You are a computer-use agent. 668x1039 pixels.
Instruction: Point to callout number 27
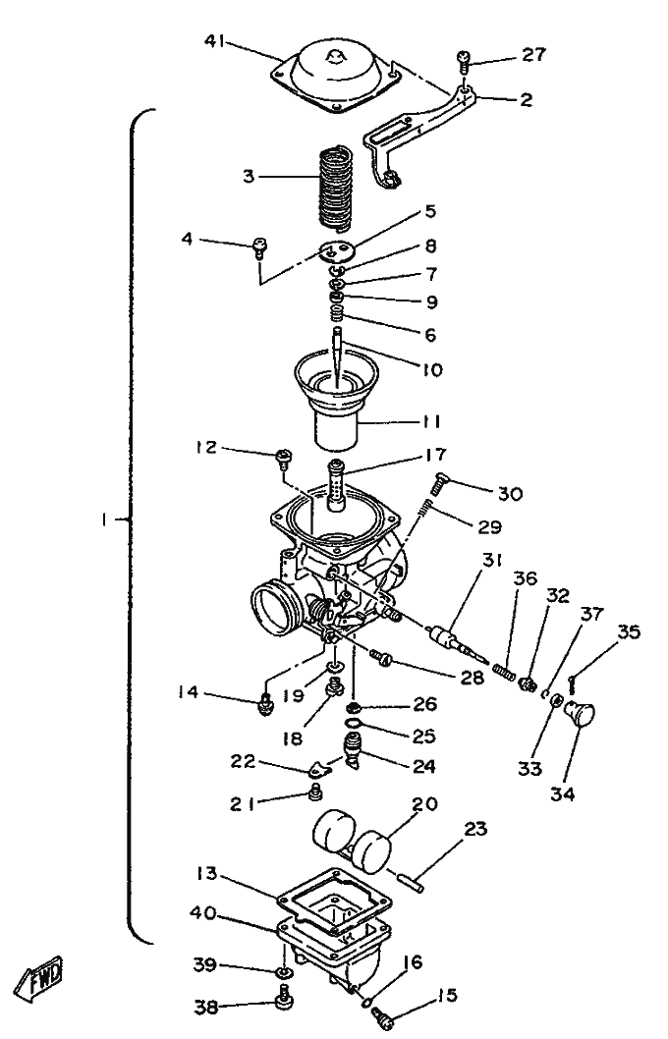533,55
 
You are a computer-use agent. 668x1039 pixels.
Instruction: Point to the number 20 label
424,803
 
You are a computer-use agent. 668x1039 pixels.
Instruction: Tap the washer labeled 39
282,973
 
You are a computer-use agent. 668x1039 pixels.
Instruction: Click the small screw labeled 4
260,245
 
